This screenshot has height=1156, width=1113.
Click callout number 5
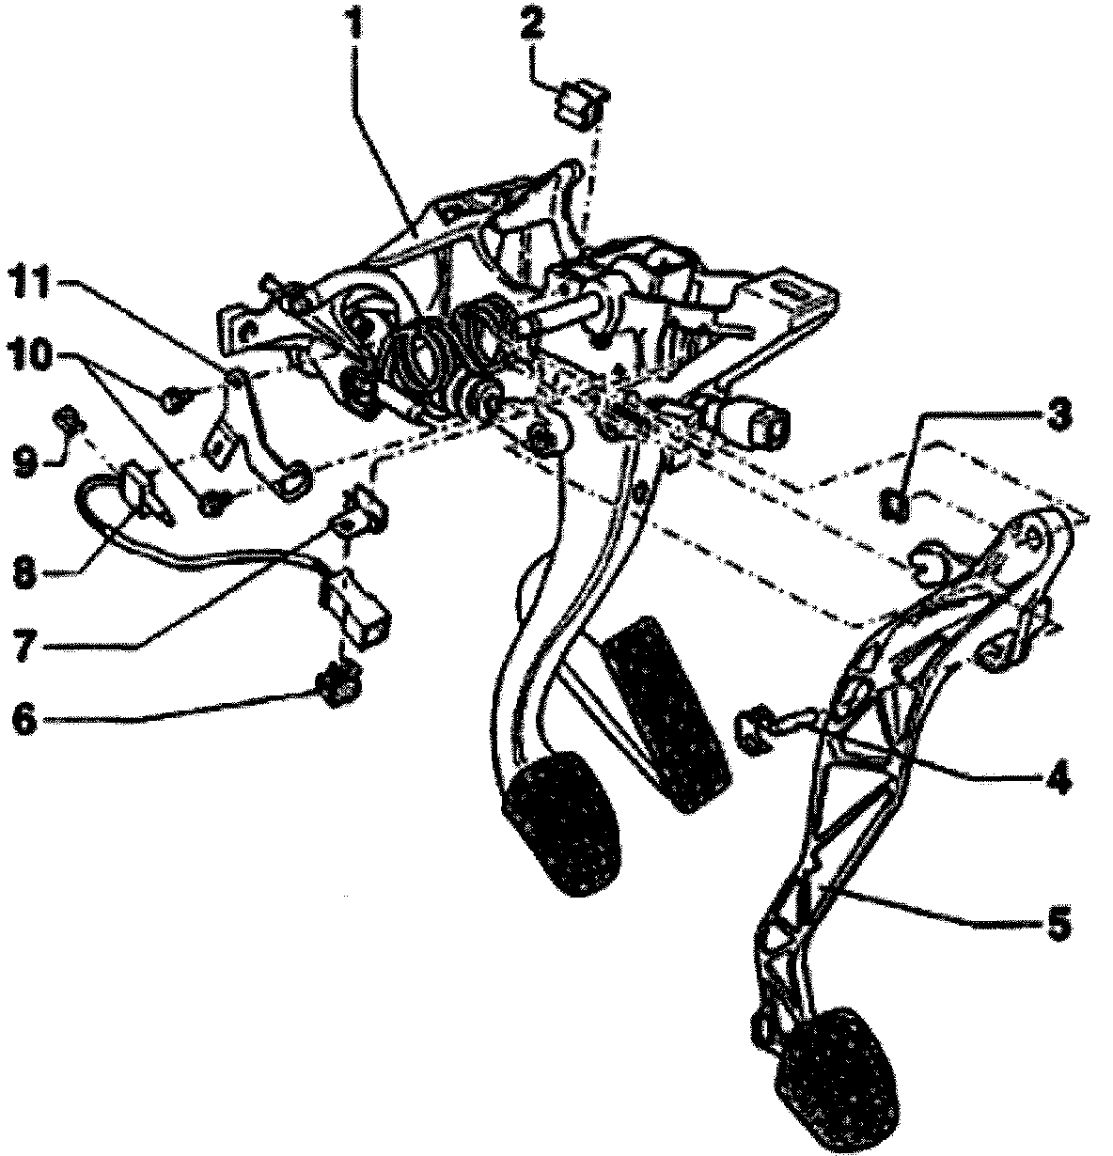[1058, 924]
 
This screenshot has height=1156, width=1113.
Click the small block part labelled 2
[582, 102]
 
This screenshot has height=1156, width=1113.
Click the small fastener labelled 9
[69, 417]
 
